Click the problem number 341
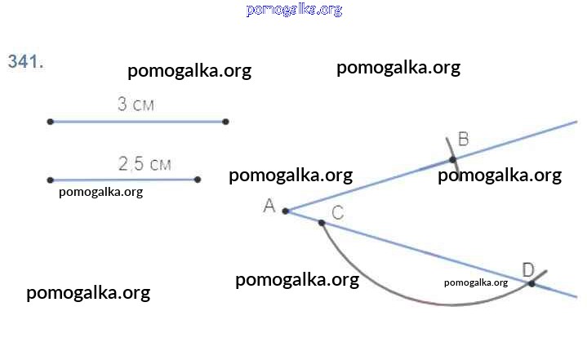click(25, 61)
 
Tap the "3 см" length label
click(136, 104)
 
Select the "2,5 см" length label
click(145, 164)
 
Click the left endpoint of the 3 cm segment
click(51, 122)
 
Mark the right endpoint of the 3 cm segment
click(225, 122)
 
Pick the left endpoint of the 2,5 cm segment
click(51, 180)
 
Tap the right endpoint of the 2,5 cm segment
click(198, 180)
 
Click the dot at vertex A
click(286, 211)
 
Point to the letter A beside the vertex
click(269, 207)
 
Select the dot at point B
click(453, 159)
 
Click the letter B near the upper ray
click(463, 140)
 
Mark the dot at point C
click(322, 222)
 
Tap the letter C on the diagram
click(337, 212)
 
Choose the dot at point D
click(531, 283)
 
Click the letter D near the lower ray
click(527, 269)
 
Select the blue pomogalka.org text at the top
click(293, 10)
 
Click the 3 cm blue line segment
click(139, 122)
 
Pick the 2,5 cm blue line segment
click(122, 180)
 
